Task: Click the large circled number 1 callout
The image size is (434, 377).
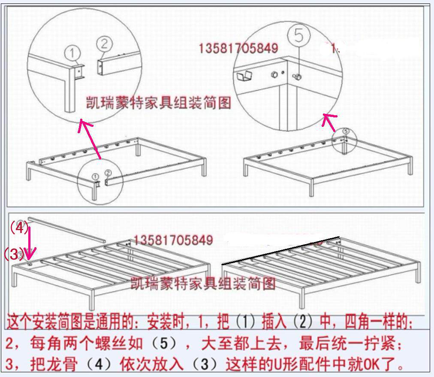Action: pos(73,53)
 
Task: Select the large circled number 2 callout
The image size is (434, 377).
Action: pos(104,43)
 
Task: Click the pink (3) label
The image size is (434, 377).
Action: pos(13,254)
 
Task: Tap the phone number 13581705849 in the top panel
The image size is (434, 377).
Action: pos(238,48)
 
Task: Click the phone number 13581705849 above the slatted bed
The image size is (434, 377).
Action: pos(173,240)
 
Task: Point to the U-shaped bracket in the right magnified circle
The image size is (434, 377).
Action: pos(243,78)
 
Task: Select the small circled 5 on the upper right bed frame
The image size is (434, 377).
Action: pos(346,131)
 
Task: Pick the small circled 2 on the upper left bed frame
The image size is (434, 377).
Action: pos(108,172)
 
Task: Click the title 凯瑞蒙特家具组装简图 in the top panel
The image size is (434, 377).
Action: pos(159,103)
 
